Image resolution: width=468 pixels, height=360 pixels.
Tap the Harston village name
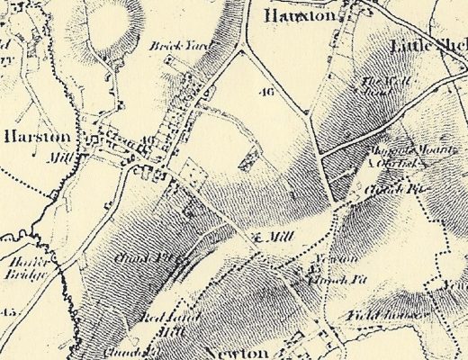[x=36, y=138]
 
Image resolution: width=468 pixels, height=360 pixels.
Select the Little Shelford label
[x=428, y=46]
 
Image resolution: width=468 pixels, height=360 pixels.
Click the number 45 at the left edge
[x=9, y=312]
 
